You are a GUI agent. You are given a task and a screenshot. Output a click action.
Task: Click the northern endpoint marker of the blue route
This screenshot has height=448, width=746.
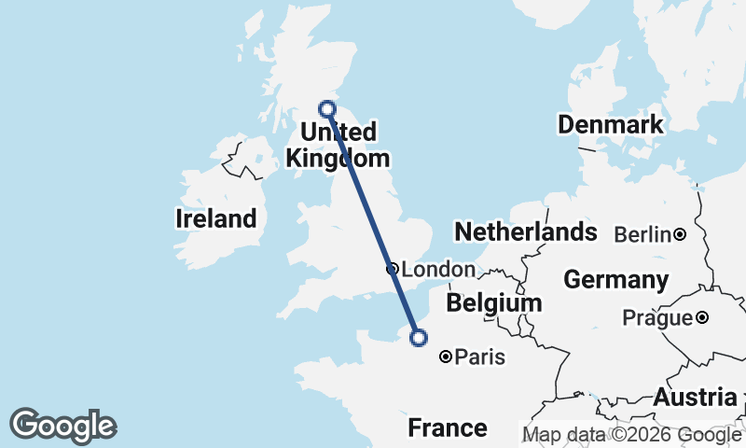tap(327, 108)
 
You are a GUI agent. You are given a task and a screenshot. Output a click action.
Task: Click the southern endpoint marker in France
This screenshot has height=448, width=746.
tap(419, 338)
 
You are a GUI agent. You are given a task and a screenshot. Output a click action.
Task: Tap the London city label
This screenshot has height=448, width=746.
tap(437, 270)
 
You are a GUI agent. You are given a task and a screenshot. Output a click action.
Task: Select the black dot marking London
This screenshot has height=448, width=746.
tap(393, 269)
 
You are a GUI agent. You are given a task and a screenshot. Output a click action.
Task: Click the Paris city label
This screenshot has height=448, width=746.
tap(480, 357)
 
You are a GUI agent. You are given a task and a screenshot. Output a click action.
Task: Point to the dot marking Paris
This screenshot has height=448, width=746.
tap(447, 356)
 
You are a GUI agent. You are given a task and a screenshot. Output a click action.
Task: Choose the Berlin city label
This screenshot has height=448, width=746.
tap(643, 234)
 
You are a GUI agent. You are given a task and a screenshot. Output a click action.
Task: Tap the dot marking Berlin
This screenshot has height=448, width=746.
tap(681, 233)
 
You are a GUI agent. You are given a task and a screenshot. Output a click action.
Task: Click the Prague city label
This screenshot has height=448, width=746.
tap(658, 318)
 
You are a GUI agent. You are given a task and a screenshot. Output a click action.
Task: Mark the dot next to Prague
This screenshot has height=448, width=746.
tap(701, 317)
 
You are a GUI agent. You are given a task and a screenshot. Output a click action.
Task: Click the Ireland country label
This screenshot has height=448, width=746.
tap(215, 219)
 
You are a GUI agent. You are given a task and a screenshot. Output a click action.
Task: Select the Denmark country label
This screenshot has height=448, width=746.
tap(610, 125)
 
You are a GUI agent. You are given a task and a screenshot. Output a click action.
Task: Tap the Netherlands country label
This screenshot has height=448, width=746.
tap(525, 231)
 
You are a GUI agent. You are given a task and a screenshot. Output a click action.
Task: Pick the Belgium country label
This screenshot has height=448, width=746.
tap(493, 303)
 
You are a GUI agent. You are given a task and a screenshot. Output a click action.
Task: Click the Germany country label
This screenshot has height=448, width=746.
tap(615, 280)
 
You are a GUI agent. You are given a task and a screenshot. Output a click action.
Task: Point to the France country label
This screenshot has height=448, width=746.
tap(448, 428)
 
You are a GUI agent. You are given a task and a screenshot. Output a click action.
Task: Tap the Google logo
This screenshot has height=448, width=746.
tap(63, 426)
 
